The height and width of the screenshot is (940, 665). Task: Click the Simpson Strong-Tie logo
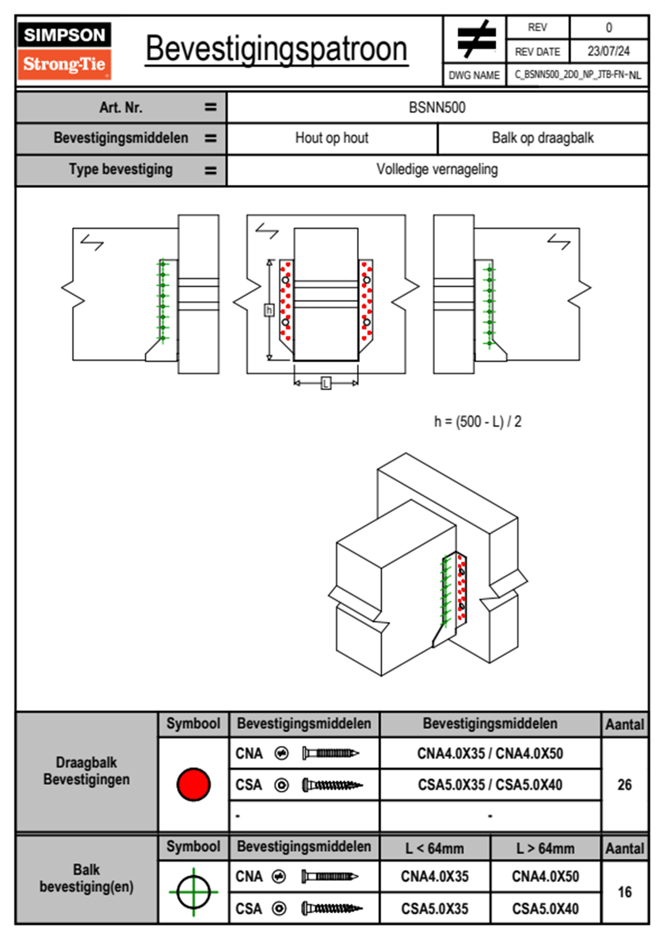tap(64, 50)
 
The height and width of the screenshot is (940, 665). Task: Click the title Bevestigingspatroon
tap(276, 49)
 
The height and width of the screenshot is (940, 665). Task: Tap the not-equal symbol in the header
tap(476, 39)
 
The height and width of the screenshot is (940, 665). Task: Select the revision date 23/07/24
tap(608, 51)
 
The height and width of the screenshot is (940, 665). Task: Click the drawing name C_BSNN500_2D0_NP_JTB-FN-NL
tap(577, 75)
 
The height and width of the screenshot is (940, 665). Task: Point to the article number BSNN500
tap(437, 107)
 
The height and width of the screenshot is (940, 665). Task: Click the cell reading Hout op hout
tap(331, 138)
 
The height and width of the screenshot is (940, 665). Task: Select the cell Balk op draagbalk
tap(542, 138)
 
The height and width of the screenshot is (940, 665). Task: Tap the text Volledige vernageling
tap(437, 169)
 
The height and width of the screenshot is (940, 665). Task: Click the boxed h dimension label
tap(269, 310)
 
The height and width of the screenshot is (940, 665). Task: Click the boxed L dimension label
tap(326, 383)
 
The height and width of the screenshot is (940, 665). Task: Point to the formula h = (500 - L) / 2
tap(477, 421)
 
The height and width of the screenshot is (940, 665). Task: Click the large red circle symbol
tap(193, 784)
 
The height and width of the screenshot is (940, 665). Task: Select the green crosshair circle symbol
tap(193, 892)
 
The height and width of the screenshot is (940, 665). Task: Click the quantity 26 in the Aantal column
tap(624, 785)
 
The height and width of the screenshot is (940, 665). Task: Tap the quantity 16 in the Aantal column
tap(624, 892)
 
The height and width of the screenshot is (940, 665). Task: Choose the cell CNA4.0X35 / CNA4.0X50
tap(490, 753)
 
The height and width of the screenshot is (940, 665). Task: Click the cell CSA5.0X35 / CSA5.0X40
tap(490, 785)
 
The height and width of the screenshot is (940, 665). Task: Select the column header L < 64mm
tap(434, 848)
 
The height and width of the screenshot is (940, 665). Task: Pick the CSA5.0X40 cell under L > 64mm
tap(545, 909)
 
